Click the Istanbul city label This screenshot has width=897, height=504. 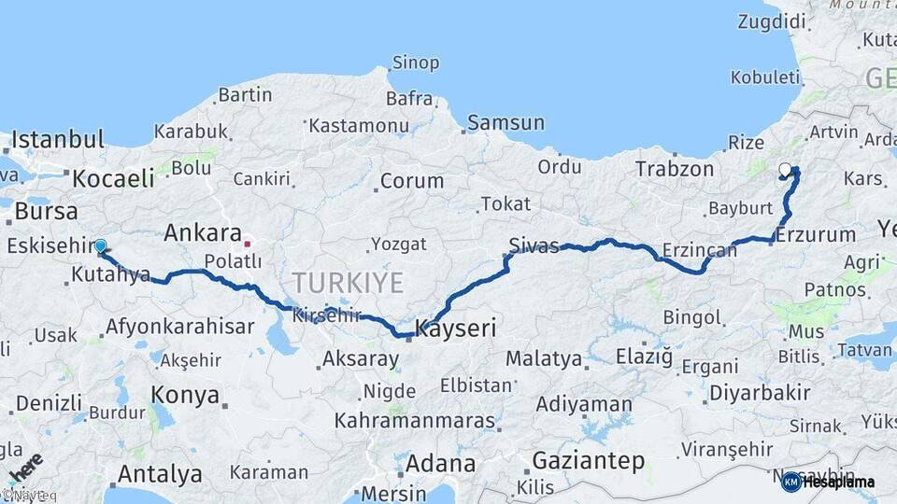[58, 140]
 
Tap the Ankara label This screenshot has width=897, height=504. [203, 232]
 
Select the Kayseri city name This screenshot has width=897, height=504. [455, 329]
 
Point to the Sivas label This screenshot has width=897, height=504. [534, 245]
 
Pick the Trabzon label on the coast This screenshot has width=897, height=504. [675, 169]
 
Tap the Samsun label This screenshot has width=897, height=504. [505, 122]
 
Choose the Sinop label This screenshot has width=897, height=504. [415, 63]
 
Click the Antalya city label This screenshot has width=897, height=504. [160, 472]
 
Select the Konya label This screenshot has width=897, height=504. [184, 393]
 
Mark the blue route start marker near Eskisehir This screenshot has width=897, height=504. [100, 246]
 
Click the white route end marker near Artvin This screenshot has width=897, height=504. [785, 170]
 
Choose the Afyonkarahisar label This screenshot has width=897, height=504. [179, 327]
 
